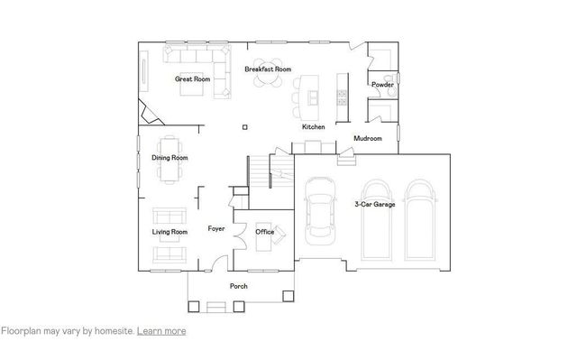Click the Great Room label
point(192,79)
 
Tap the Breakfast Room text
point(268,69)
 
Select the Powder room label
point(382,85)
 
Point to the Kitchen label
point(313,127)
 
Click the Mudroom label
point(367,138)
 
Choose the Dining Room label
point(169,158)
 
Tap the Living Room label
point(169,232)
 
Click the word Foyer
point(216,228)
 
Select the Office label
point(264,232)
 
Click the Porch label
point(238,286)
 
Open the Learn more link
point(161,331)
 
